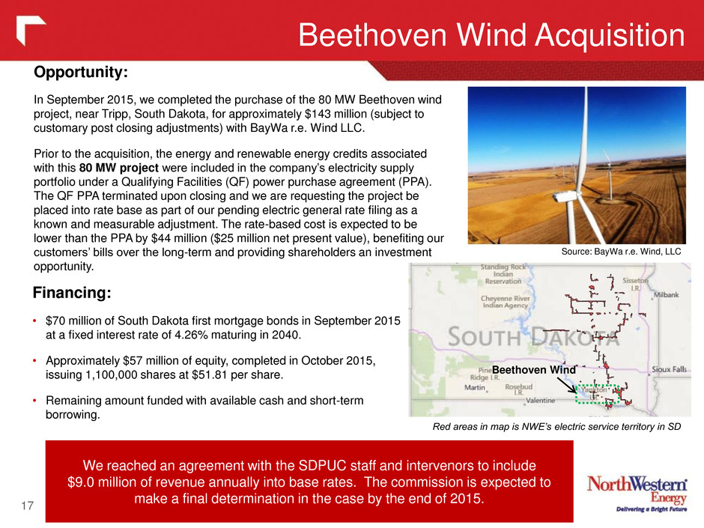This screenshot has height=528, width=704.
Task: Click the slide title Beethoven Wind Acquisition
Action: (491, 35)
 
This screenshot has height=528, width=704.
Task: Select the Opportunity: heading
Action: (81, 72)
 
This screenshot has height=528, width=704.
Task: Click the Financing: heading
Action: (72, 293)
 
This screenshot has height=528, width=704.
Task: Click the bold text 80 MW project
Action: (119, 168)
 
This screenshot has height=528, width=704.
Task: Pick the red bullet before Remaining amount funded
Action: (34, 401)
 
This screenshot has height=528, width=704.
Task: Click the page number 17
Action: (28, 506)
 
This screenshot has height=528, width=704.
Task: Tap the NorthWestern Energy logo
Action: (637, 494)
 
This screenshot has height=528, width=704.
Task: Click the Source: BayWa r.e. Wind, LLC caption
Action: (622, 252)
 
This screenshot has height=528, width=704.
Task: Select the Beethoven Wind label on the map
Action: (534, 370)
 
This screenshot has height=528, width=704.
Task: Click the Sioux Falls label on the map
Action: (669, 369)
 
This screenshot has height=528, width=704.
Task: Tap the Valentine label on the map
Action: (541, 401)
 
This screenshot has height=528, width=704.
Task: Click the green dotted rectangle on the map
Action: (576, 394)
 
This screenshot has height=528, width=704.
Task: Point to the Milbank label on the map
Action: (667, 295)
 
